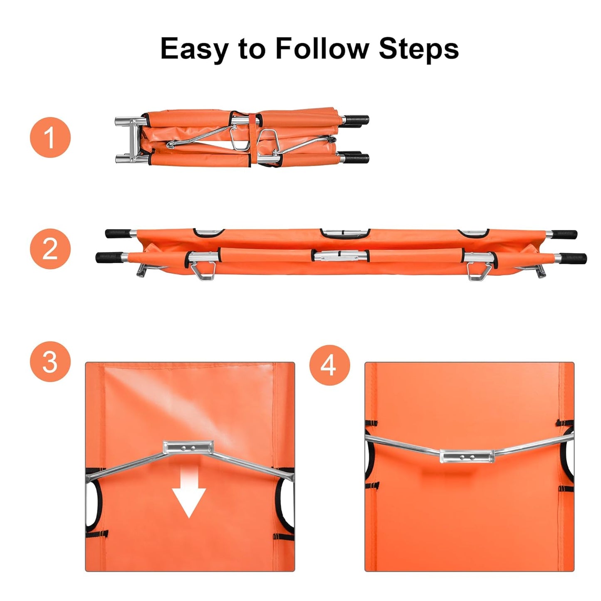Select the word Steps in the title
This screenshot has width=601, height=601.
point(418,49)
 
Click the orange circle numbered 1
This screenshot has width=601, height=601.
point(50,138)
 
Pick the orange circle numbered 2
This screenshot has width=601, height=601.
point(50,249)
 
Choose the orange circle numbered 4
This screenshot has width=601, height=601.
point(329,365)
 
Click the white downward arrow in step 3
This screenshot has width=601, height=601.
point(189,497)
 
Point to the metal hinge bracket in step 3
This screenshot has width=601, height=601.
point(188,448)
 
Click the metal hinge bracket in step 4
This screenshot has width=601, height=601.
point(466,456)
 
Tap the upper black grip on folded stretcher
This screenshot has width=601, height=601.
point(356,120)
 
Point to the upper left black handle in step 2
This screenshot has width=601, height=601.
point(118,233)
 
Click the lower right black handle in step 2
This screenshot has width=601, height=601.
point(573,258)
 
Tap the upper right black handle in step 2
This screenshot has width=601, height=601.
point(564,234)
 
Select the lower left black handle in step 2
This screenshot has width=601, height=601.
point(109,257)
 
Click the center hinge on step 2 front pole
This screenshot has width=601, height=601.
point(340,256)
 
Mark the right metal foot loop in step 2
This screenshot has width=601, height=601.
point(478,272)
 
